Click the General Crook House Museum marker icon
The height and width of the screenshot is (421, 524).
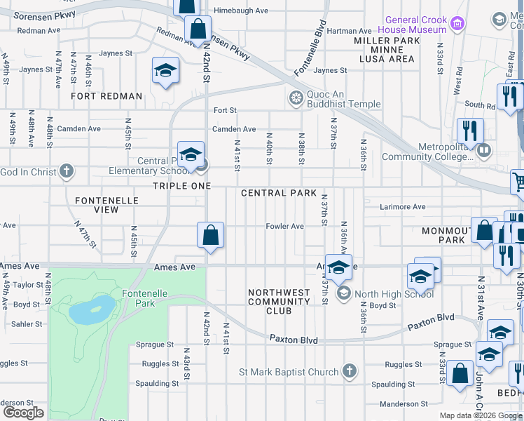point(457,25)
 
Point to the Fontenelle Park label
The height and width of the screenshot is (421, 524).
point(138,298)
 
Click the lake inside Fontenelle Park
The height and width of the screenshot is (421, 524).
point(92,309)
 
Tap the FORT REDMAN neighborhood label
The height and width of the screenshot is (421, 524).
point(106,96)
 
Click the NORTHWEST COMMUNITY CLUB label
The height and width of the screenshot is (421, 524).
point(280,302)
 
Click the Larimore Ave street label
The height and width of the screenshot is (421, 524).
point(403,207)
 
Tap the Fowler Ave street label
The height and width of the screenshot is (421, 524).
point(284,226)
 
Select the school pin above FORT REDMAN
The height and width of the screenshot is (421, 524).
point(165,71)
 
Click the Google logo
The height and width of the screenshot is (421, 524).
point(23,413)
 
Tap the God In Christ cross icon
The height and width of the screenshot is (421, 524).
point(66,171)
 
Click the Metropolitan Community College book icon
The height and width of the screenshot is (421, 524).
point(483,150)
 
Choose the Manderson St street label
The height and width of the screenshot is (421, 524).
point(404,404)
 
